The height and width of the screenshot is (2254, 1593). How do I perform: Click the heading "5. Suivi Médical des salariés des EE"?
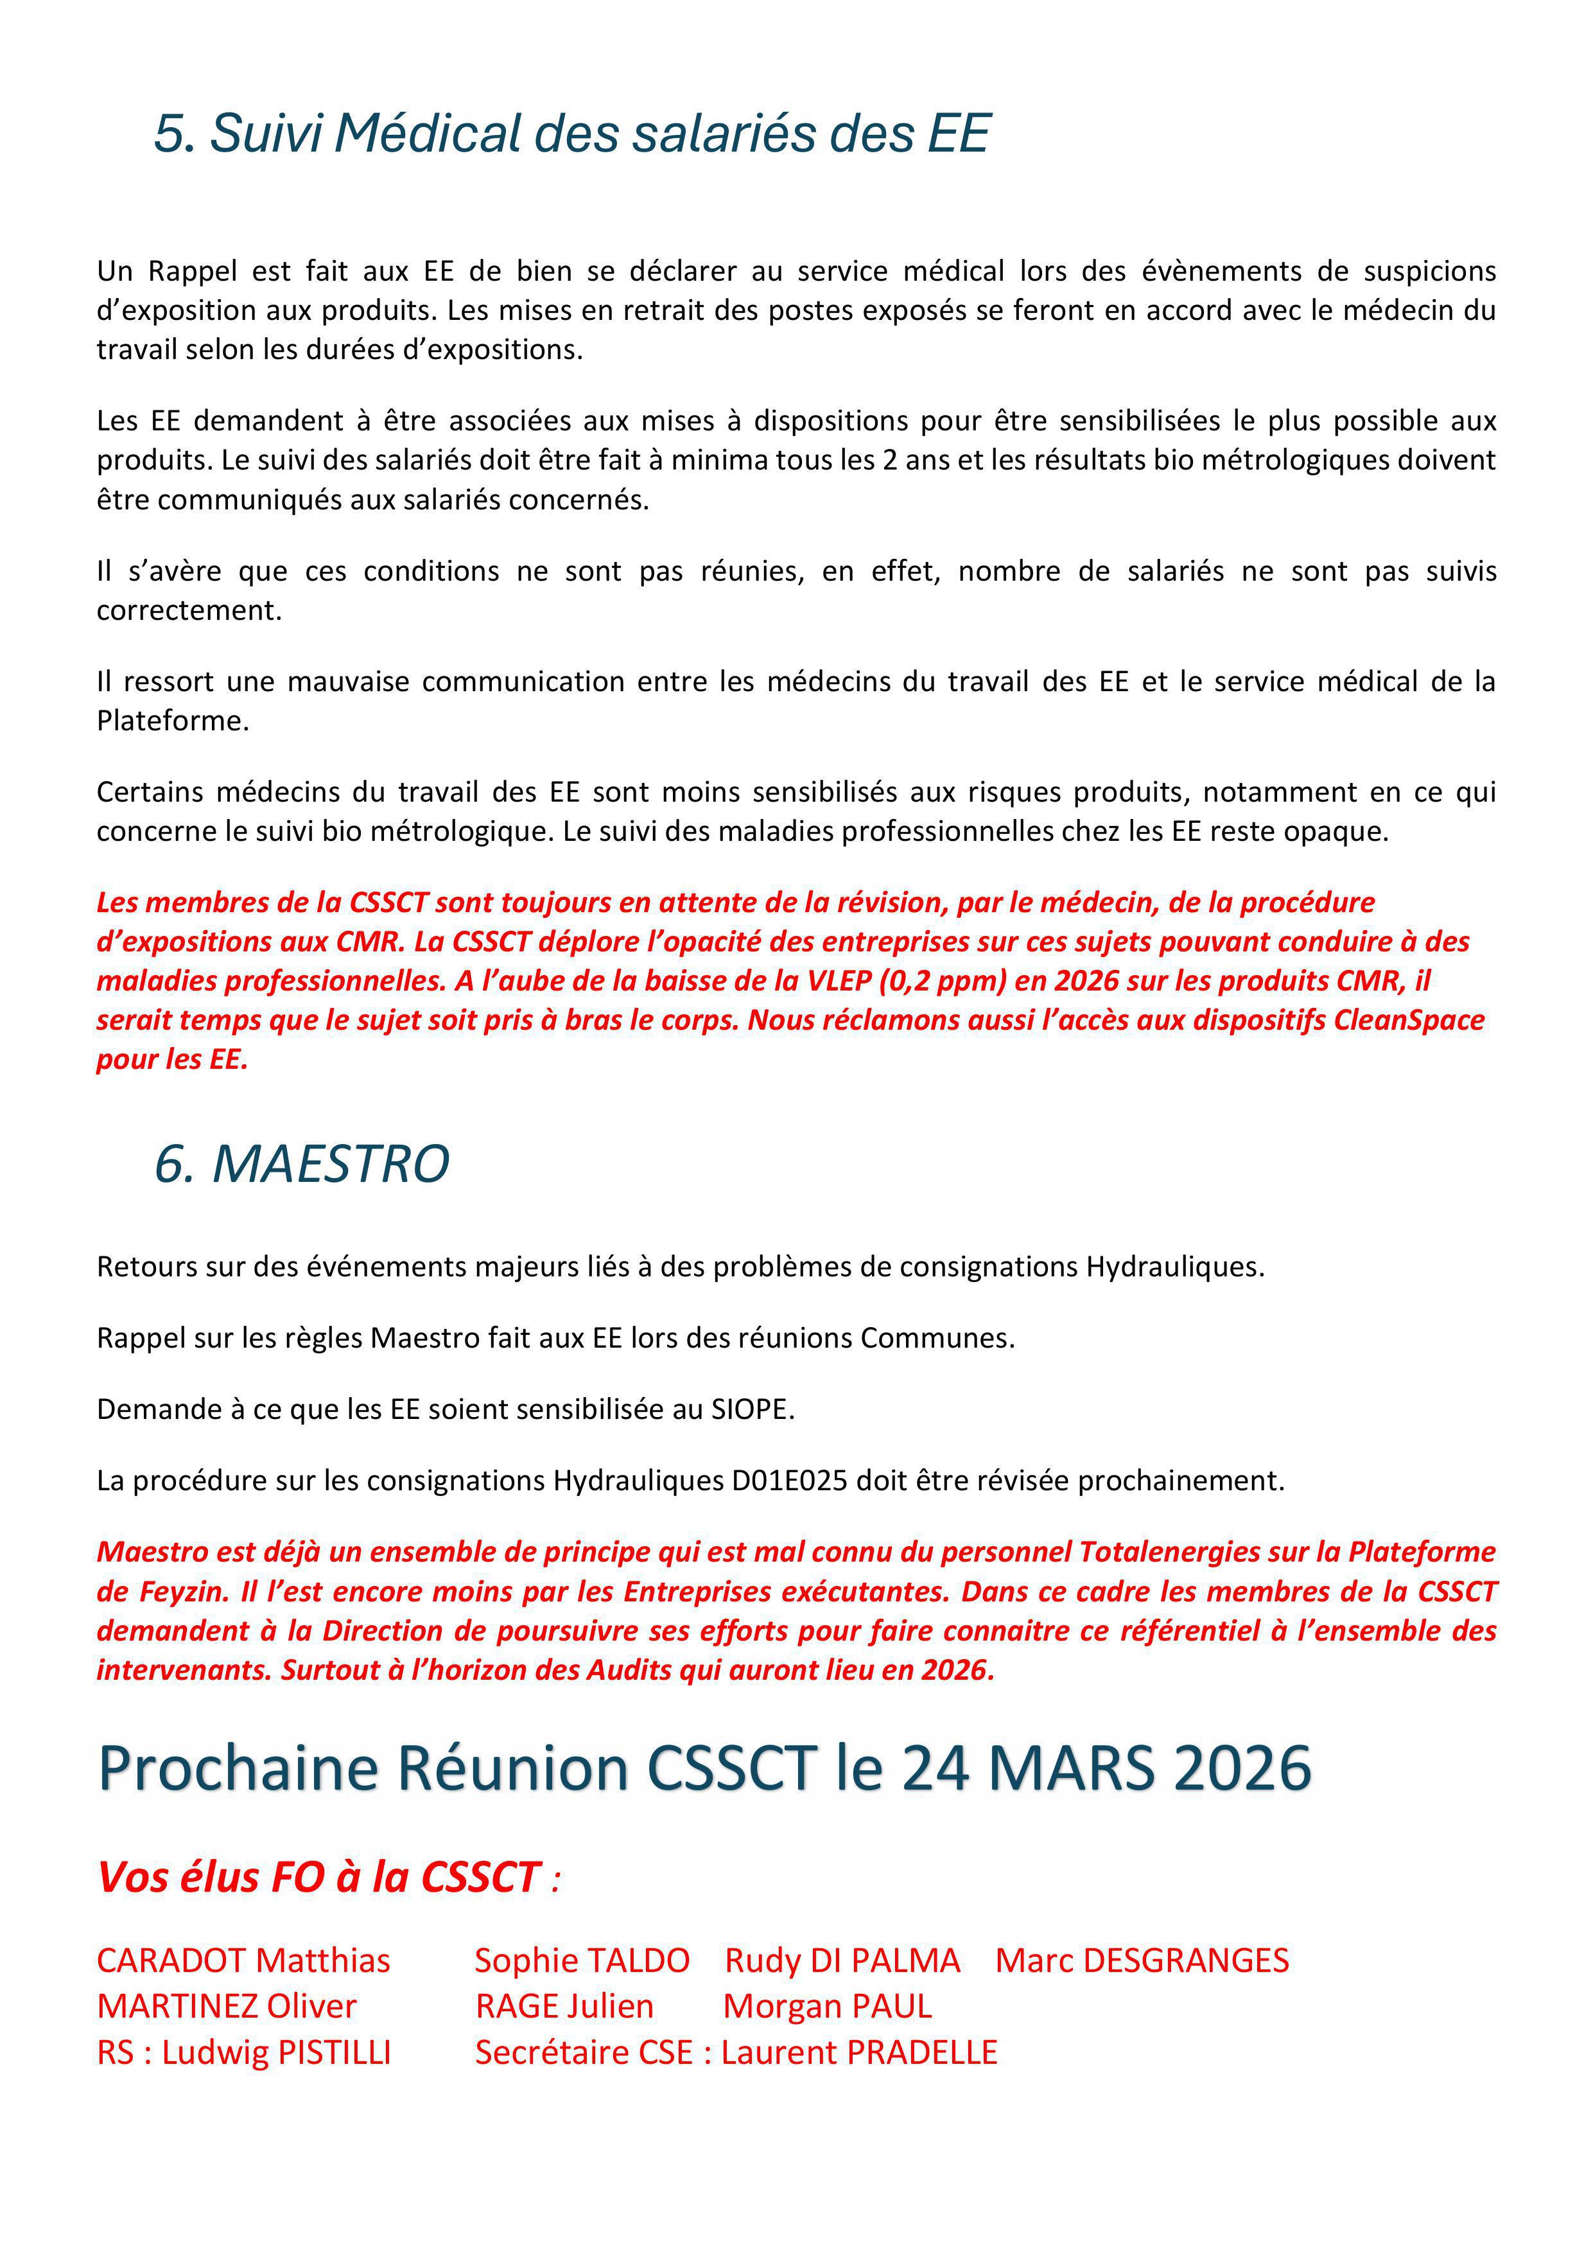tap(571, 134)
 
